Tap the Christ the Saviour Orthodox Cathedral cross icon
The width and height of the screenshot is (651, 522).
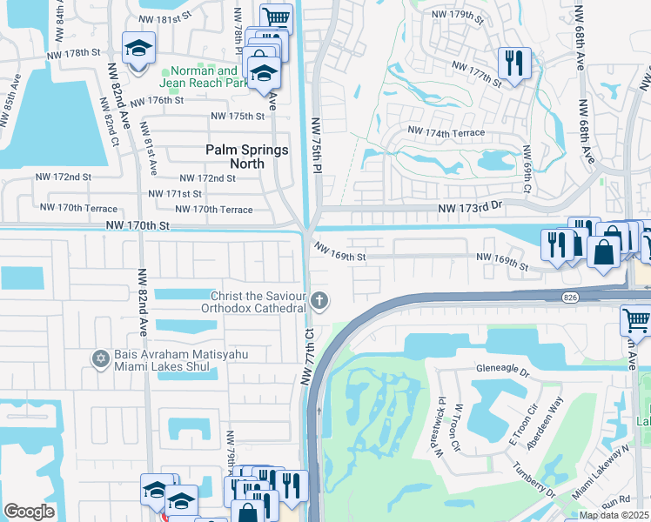(x=320, y=302)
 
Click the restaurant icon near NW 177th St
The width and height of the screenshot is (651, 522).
(x=513, y=63)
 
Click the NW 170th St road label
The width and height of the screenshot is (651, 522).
(x=138, y=224)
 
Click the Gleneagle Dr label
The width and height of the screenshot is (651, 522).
(x=502, y=368)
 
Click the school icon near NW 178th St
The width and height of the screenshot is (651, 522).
(x=138, y=49)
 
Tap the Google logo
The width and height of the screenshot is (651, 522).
(x=29, y=512)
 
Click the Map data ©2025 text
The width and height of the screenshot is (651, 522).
(x=614, y=515)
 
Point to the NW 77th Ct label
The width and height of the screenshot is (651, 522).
(x=308, y=356)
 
